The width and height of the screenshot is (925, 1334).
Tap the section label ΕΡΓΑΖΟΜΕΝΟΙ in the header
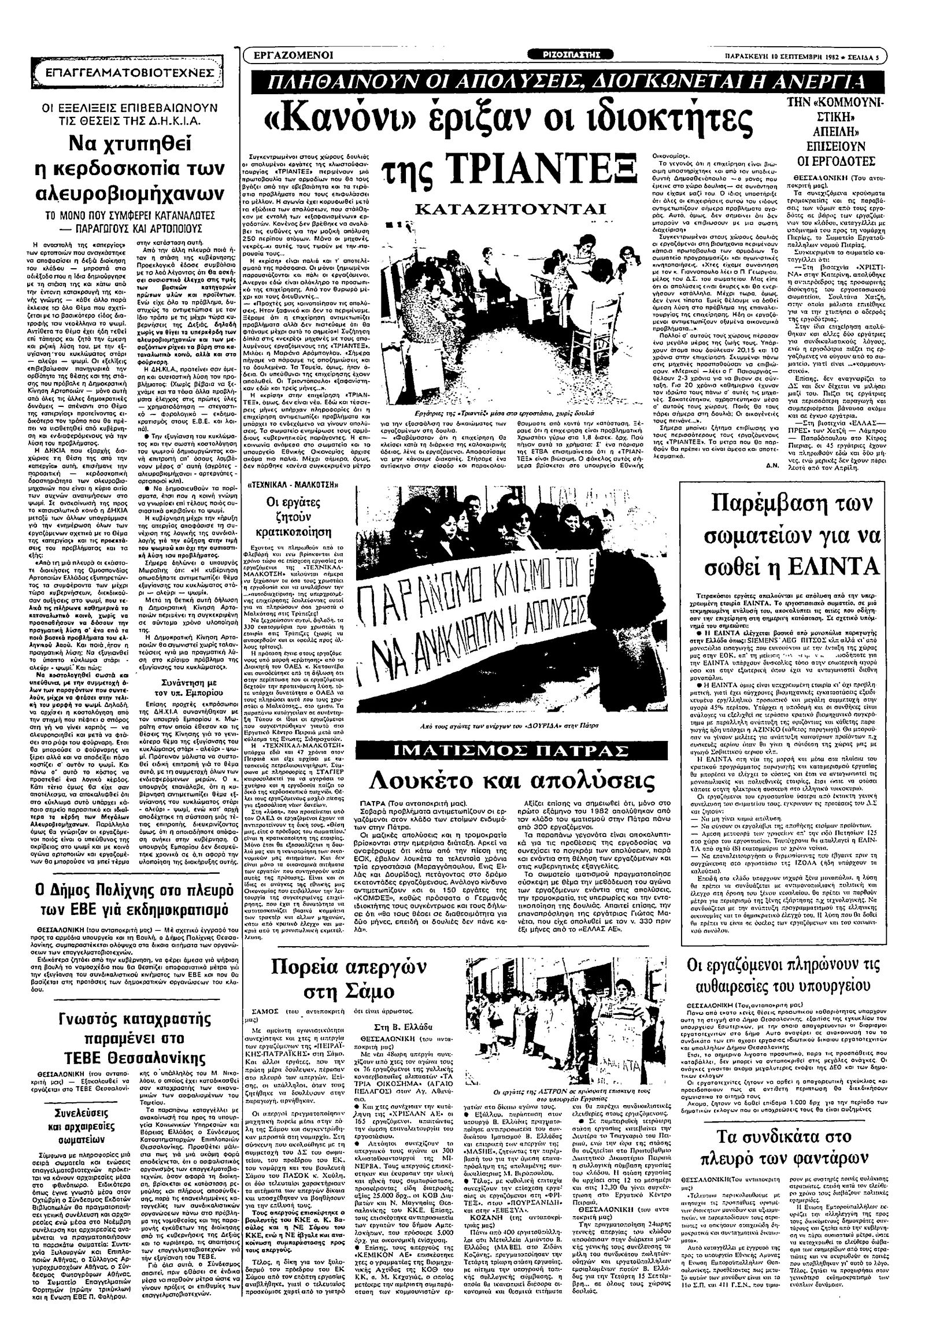pyautogui.click(x=296, y=55)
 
